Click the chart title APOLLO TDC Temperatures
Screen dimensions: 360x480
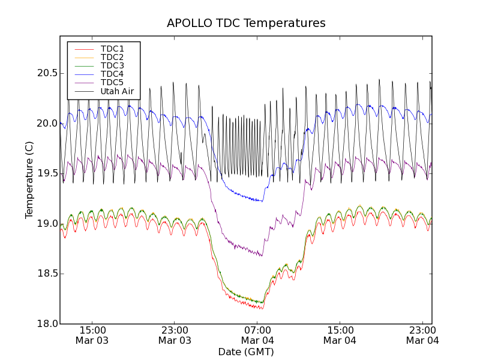246,23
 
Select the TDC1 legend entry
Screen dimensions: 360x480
112,49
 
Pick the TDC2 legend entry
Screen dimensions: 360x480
112,57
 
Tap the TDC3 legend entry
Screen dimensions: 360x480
112,65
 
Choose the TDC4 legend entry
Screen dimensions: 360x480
112,74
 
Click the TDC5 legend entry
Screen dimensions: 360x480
112,82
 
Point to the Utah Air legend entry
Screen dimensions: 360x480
117,91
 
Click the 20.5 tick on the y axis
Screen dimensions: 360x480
46,73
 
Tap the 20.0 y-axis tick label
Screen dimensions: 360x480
46,124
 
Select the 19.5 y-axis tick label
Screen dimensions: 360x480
46,173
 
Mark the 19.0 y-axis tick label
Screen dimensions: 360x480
46,224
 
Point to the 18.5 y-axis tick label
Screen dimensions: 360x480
46,274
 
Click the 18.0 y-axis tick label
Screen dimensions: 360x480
46,324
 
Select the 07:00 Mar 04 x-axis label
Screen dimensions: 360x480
257,335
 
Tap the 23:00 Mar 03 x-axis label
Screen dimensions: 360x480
175,335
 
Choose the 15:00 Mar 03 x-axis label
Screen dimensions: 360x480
92,335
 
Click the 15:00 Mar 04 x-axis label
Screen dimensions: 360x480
340,335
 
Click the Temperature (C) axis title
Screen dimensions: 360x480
29,180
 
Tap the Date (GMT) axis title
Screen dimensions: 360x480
246,352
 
